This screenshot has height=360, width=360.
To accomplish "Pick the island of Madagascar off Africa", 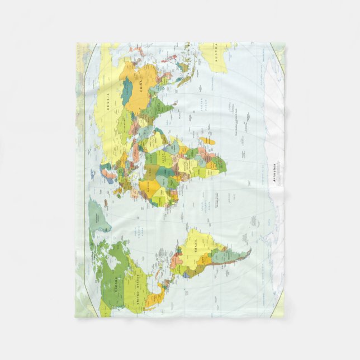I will click(206, 141).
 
